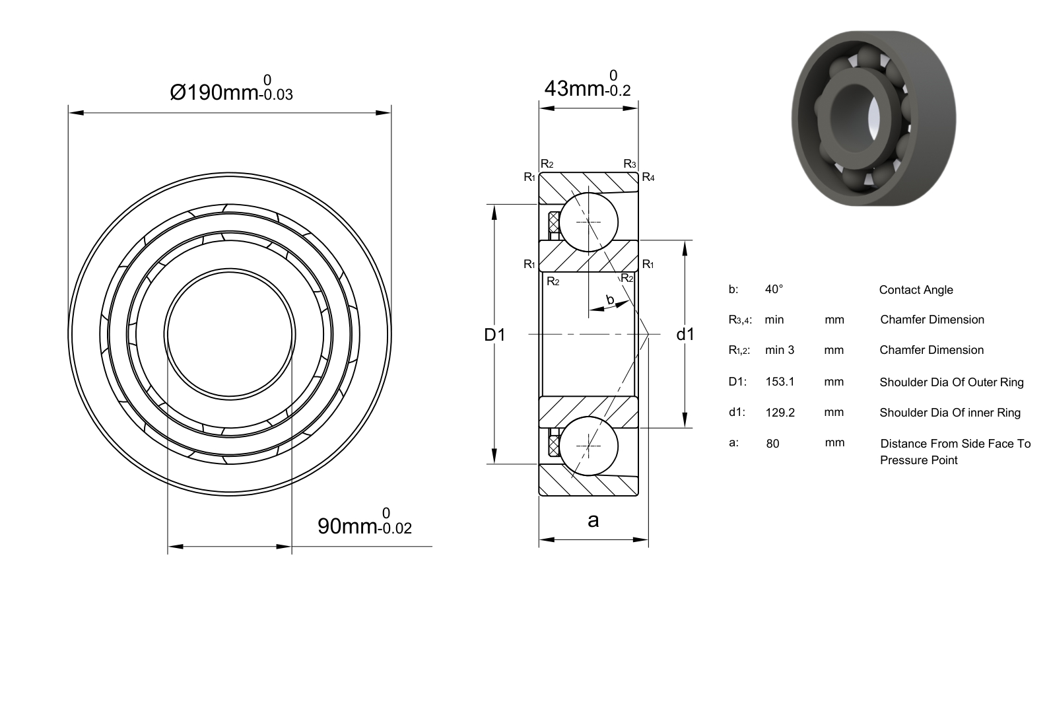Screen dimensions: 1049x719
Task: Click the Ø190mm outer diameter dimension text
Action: [x=231, y=89]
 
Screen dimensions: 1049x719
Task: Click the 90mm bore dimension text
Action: [x=365, y=522]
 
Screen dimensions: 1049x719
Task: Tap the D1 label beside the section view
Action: [x=494, y=335]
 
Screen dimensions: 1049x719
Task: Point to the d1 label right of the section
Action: [x=685, y=335]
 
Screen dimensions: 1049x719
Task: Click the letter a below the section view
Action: [x=593, y=520]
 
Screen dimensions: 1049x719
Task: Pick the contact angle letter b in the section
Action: [x=610, y=299]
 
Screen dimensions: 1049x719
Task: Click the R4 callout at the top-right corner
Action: [x=648, y=177]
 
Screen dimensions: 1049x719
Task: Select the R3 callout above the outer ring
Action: [x=630, y=164]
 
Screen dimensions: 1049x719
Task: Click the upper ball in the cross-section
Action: [x=589, y=222]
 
